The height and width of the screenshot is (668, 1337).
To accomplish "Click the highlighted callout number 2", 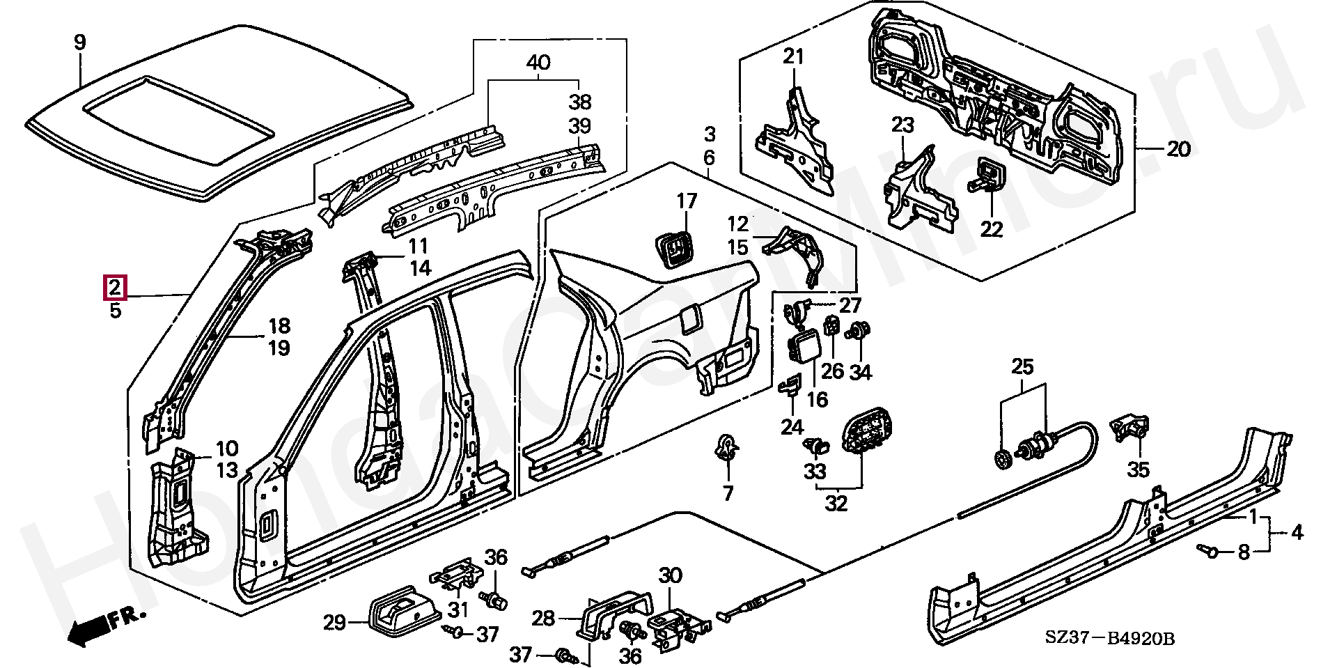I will (x=115, y=287).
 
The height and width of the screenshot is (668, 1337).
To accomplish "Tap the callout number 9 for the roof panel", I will (x=80, y=42).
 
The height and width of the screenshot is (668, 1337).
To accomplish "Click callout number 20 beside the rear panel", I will (x=1178, y=149).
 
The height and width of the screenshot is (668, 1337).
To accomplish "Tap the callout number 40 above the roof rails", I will (x=538, y=63).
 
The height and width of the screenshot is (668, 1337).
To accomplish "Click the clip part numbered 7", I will (x=727, y=447).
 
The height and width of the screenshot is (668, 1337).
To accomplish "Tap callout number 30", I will (x=670, y=576).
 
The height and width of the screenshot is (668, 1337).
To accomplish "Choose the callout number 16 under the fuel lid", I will (x=817, y=399).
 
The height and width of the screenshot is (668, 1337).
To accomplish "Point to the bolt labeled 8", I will (x=1210, y=550).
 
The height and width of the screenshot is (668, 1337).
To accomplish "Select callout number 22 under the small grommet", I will (x=991, y=228).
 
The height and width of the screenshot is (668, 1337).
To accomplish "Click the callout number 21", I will (x=793, y=56).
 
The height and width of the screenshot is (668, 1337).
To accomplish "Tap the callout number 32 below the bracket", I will (x=836, y=503).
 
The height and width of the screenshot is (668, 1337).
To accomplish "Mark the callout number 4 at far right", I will (x=1296, y=534).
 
